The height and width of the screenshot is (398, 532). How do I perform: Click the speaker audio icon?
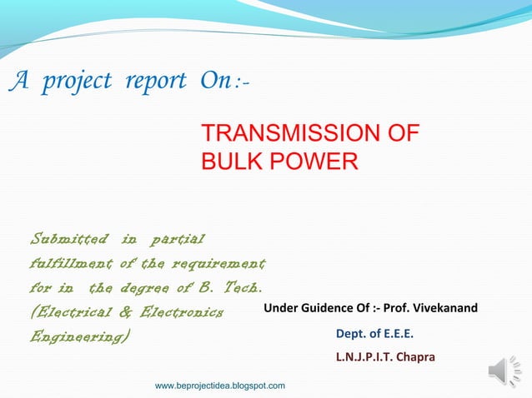point(504,370)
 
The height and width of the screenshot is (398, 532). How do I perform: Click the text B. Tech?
point(231,289)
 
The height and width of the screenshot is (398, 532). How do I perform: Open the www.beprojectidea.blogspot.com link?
point(220,386)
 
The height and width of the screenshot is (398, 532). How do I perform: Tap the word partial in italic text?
point(175,241)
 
